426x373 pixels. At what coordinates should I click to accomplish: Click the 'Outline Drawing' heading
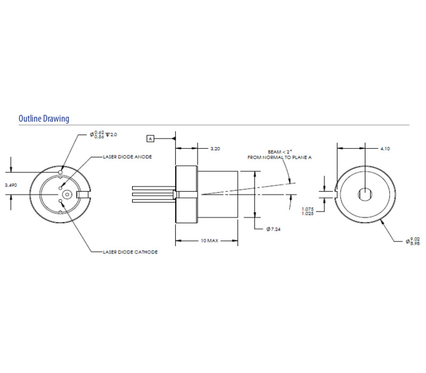coord(44,118)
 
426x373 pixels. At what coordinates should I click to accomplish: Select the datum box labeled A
coord(150,139)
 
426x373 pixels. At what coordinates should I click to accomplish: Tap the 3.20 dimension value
coord(215,148)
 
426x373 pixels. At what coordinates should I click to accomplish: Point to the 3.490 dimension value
coord(11,184)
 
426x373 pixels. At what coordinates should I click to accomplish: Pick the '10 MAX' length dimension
coord(209,241)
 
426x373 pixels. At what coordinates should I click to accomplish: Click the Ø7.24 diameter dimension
coord(275,229)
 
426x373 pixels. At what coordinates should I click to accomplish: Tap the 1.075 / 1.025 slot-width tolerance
coord(308,212)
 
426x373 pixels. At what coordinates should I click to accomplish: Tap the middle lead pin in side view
coord(154,194)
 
